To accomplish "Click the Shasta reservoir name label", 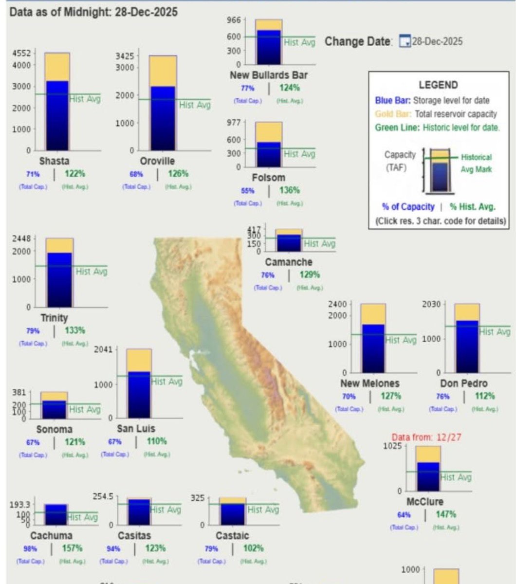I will click(x=54, y=161).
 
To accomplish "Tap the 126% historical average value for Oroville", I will click(x=178, y=174).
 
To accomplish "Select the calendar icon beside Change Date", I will click(x=405, y=41).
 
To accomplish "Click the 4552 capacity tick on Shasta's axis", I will click(x=21, y=54).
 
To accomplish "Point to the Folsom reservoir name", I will click(x=269, y=178).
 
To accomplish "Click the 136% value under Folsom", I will click(x=290, y=190).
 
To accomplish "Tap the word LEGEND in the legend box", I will click(x=438, y=85).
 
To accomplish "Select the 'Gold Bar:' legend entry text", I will click(x=392, y=114).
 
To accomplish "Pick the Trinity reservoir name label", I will click(x=54, y=318).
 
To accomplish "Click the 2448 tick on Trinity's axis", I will click(x=21, y=238).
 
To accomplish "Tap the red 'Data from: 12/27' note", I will click(x=426, y=438).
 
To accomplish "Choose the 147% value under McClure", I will click(x=446, y=514).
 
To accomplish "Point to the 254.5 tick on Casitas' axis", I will click(x=103, y=496).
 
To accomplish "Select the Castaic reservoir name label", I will click(x=232, y=536).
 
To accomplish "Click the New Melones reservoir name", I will click(x=369, y=383).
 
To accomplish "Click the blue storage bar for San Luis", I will click(x=139, y=394).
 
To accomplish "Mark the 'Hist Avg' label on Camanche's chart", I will click(x=319, y=244).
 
